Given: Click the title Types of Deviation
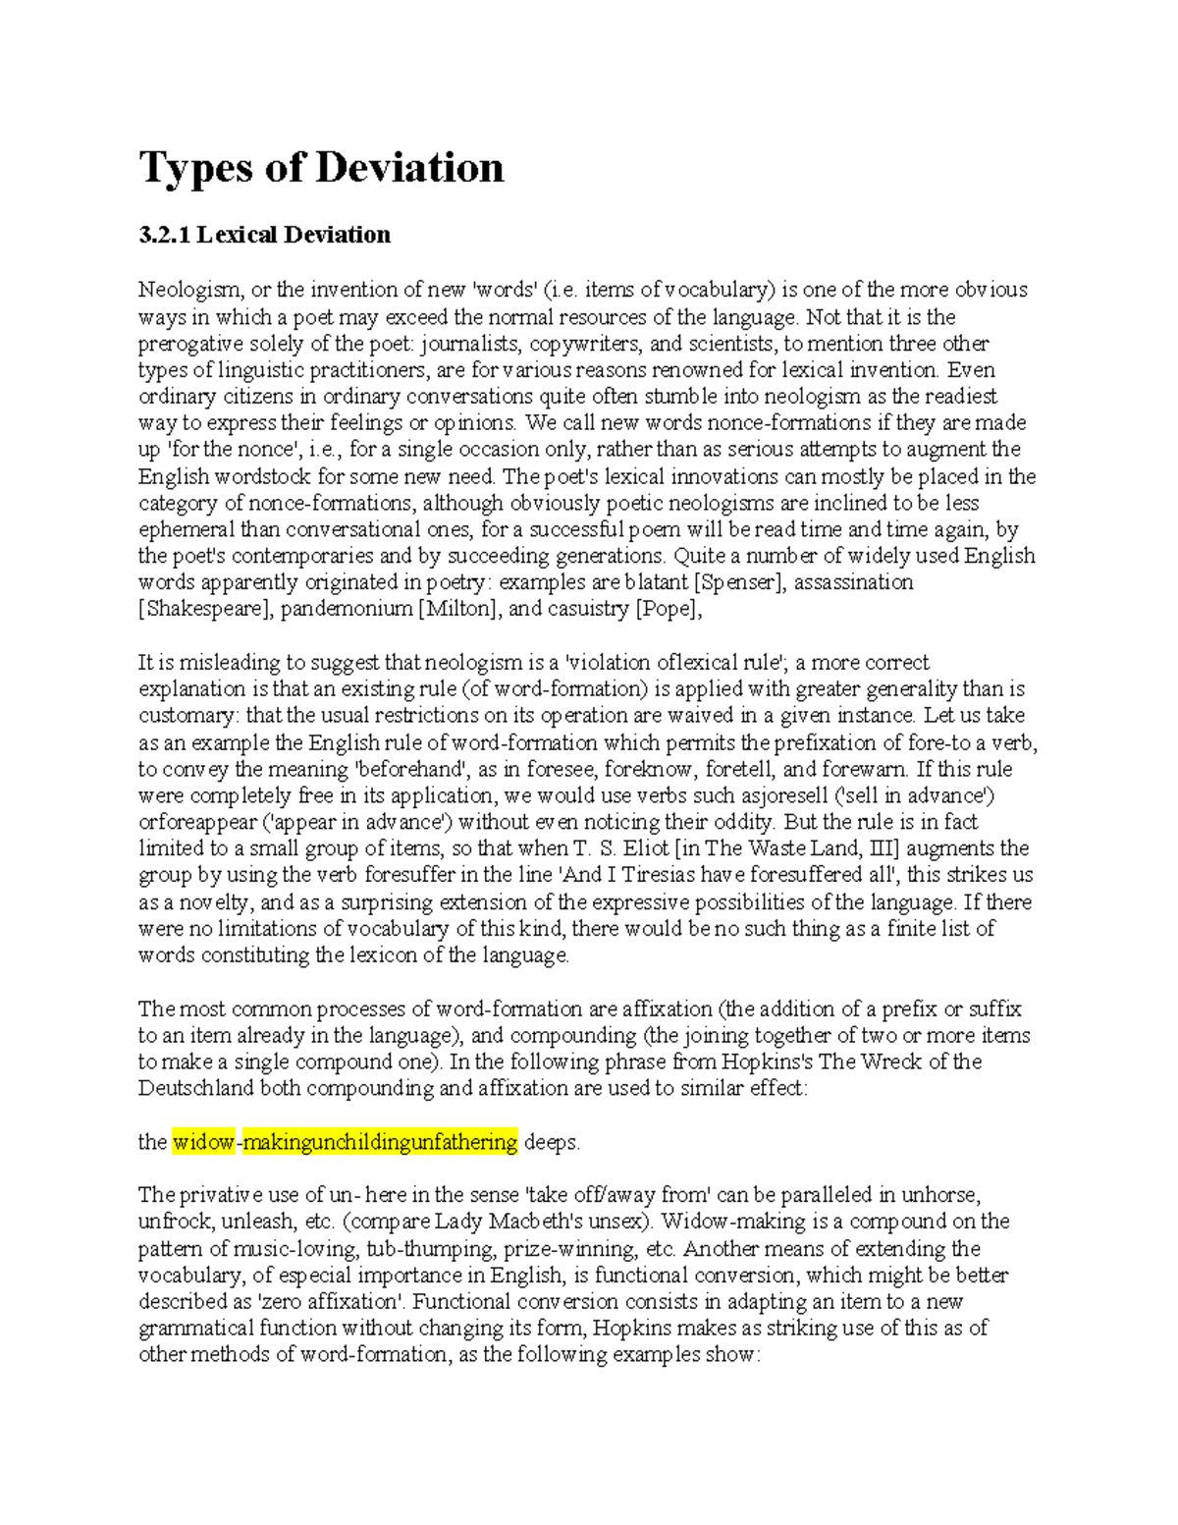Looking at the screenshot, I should pyautogui.click(x=321, y=167).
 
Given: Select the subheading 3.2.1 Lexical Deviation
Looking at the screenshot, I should pyautogui.click(x=264, y=235).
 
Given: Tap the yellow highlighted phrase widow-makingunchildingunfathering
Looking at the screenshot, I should pyautogui.click(x=345, y=1142).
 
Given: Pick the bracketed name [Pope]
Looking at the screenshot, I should pyautogui.click(x=669, y=609).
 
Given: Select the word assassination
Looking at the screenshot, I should pyautogui.click(x=853, y=582).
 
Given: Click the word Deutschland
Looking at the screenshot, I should pyautogui.click(x=196, y=1088).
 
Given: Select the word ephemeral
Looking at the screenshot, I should pyautogui.click(x=187, y=529).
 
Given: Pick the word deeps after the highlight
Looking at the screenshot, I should pyautogui.click(x=553, y=1142).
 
